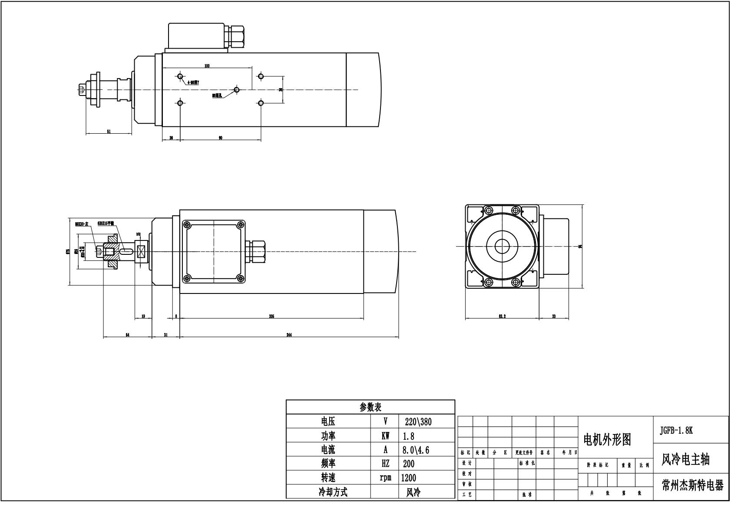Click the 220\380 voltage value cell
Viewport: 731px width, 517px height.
(x=417, y=422)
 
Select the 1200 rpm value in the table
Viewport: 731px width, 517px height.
(x=408, y=478)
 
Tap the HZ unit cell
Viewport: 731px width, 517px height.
(x=385, y=464)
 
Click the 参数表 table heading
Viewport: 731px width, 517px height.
(x=370, y=407)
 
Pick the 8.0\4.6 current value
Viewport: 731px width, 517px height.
(x=416, y=450)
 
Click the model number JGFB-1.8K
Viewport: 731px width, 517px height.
(x=676, y=431)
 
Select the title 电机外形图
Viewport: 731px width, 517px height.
(x=607, y=440)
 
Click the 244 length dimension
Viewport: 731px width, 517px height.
(x=289, y=335)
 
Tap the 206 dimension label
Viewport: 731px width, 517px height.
(x=271, y=316)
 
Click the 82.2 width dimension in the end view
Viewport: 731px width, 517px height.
(x=502, y=316)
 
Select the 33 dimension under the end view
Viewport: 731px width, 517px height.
(x=554, y=316)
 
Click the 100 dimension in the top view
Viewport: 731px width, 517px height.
(x=207, y=66)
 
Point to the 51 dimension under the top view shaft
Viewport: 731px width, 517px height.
(x=109, y=131)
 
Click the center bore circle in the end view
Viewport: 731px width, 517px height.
(x=502, y=246)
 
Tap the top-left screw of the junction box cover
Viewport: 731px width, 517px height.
(x=187, y=225)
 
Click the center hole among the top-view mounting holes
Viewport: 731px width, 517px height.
(x=237, y=90)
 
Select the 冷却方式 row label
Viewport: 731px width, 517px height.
(x=333, y=492)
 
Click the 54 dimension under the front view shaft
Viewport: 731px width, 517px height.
(x=127, y=335)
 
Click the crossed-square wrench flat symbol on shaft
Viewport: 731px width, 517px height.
(x=141, y=252)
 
